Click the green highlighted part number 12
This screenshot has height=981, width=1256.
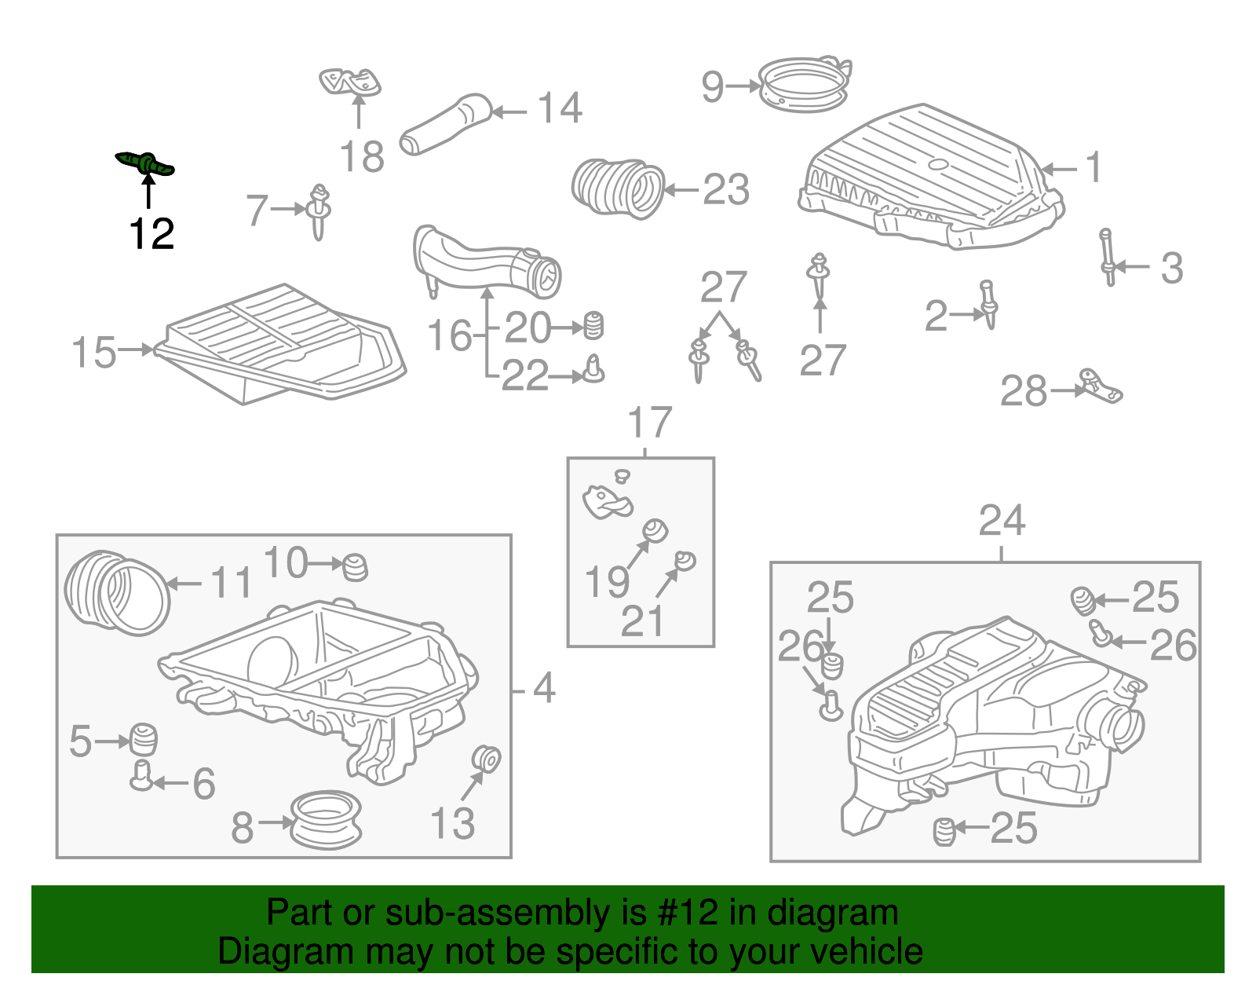146,164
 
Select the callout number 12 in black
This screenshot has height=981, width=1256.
152,234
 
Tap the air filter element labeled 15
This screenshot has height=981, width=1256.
283,346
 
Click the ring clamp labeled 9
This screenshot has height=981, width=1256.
805,85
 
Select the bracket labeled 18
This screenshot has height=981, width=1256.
350,82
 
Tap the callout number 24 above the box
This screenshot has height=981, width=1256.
1002,522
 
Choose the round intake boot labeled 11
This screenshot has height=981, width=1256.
116,593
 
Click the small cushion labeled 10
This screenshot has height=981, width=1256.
356,566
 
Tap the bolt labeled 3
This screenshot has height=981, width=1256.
1108,257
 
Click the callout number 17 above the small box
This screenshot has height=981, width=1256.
650,423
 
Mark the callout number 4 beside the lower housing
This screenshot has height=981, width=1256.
544,689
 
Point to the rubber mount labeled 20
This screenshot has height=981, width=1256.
594,326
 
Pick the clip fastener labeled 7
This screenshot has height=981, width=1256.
319,210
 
